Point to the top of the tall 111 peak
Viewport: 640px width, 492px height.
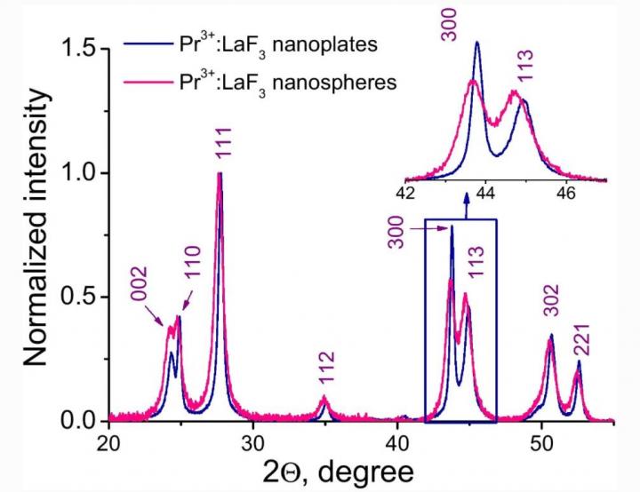click(x=219, y=173)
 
